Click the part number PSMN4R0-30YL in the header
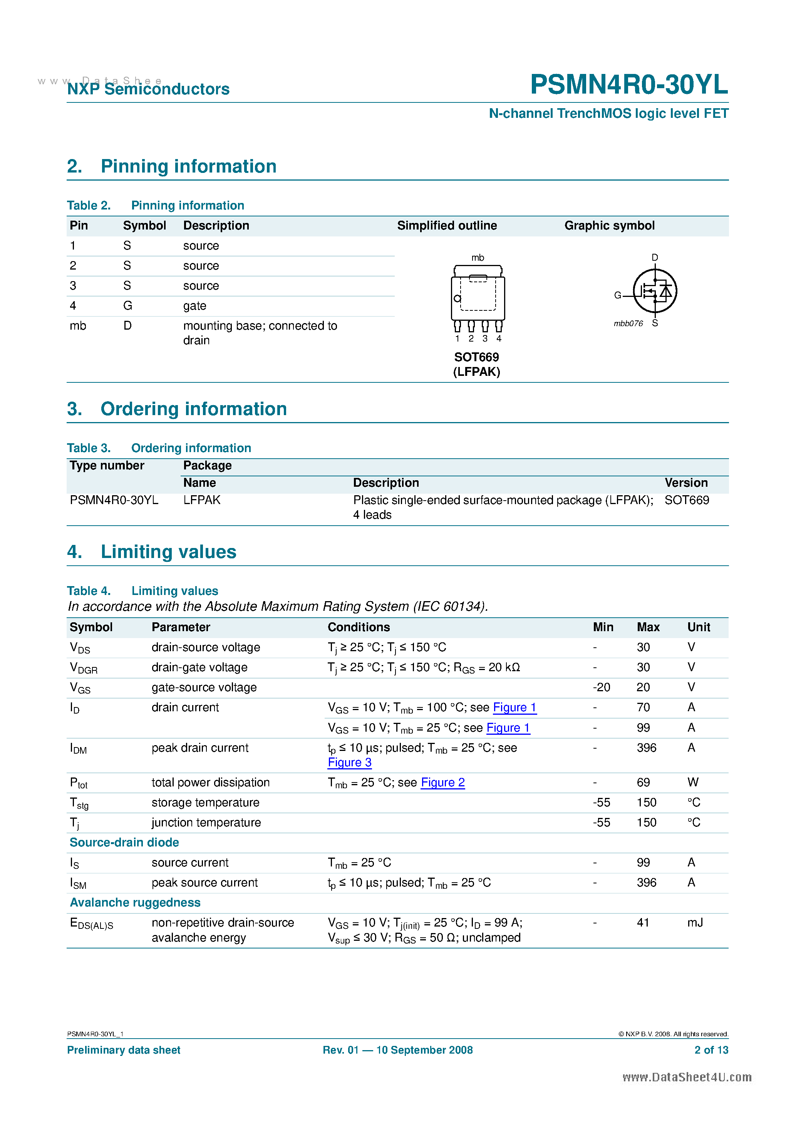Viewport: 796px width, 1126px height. [629, 84]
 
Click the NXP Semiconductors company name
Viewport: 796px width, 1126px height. [148, 89]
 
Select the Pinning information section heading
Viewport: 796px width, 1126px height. [188, 166]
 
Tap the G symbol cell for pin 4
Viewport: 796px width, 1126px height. [127, 305]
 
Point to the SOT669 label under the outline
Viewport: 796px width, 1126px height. [476, 357]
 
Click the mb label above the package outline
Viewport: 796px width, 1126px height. [478, 258]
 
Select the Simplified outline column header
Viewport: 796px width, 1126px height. [447, 226]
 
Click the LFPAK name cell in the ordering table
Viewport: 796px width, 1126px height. [201, 500]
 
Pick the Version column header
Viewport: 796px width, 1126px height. [685, 483]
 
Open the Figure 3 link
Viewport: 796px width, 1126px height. [350, 762]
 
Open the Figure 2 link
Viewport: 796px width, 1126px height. [443, 782]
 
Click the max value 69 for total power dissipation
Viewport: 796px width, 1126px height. [643, 782]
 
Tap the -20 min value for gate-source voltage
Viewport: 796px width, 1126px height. [601, 687]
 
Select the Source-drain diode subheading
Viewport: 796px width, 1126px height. [124, 842]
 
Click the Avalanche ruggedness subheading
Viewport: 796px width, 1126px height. [135, 902]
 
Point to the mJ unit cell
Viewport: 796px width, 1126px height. [695, 922]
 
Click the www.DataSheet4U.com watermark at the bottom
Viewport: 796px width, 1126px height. [687, 1077]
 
